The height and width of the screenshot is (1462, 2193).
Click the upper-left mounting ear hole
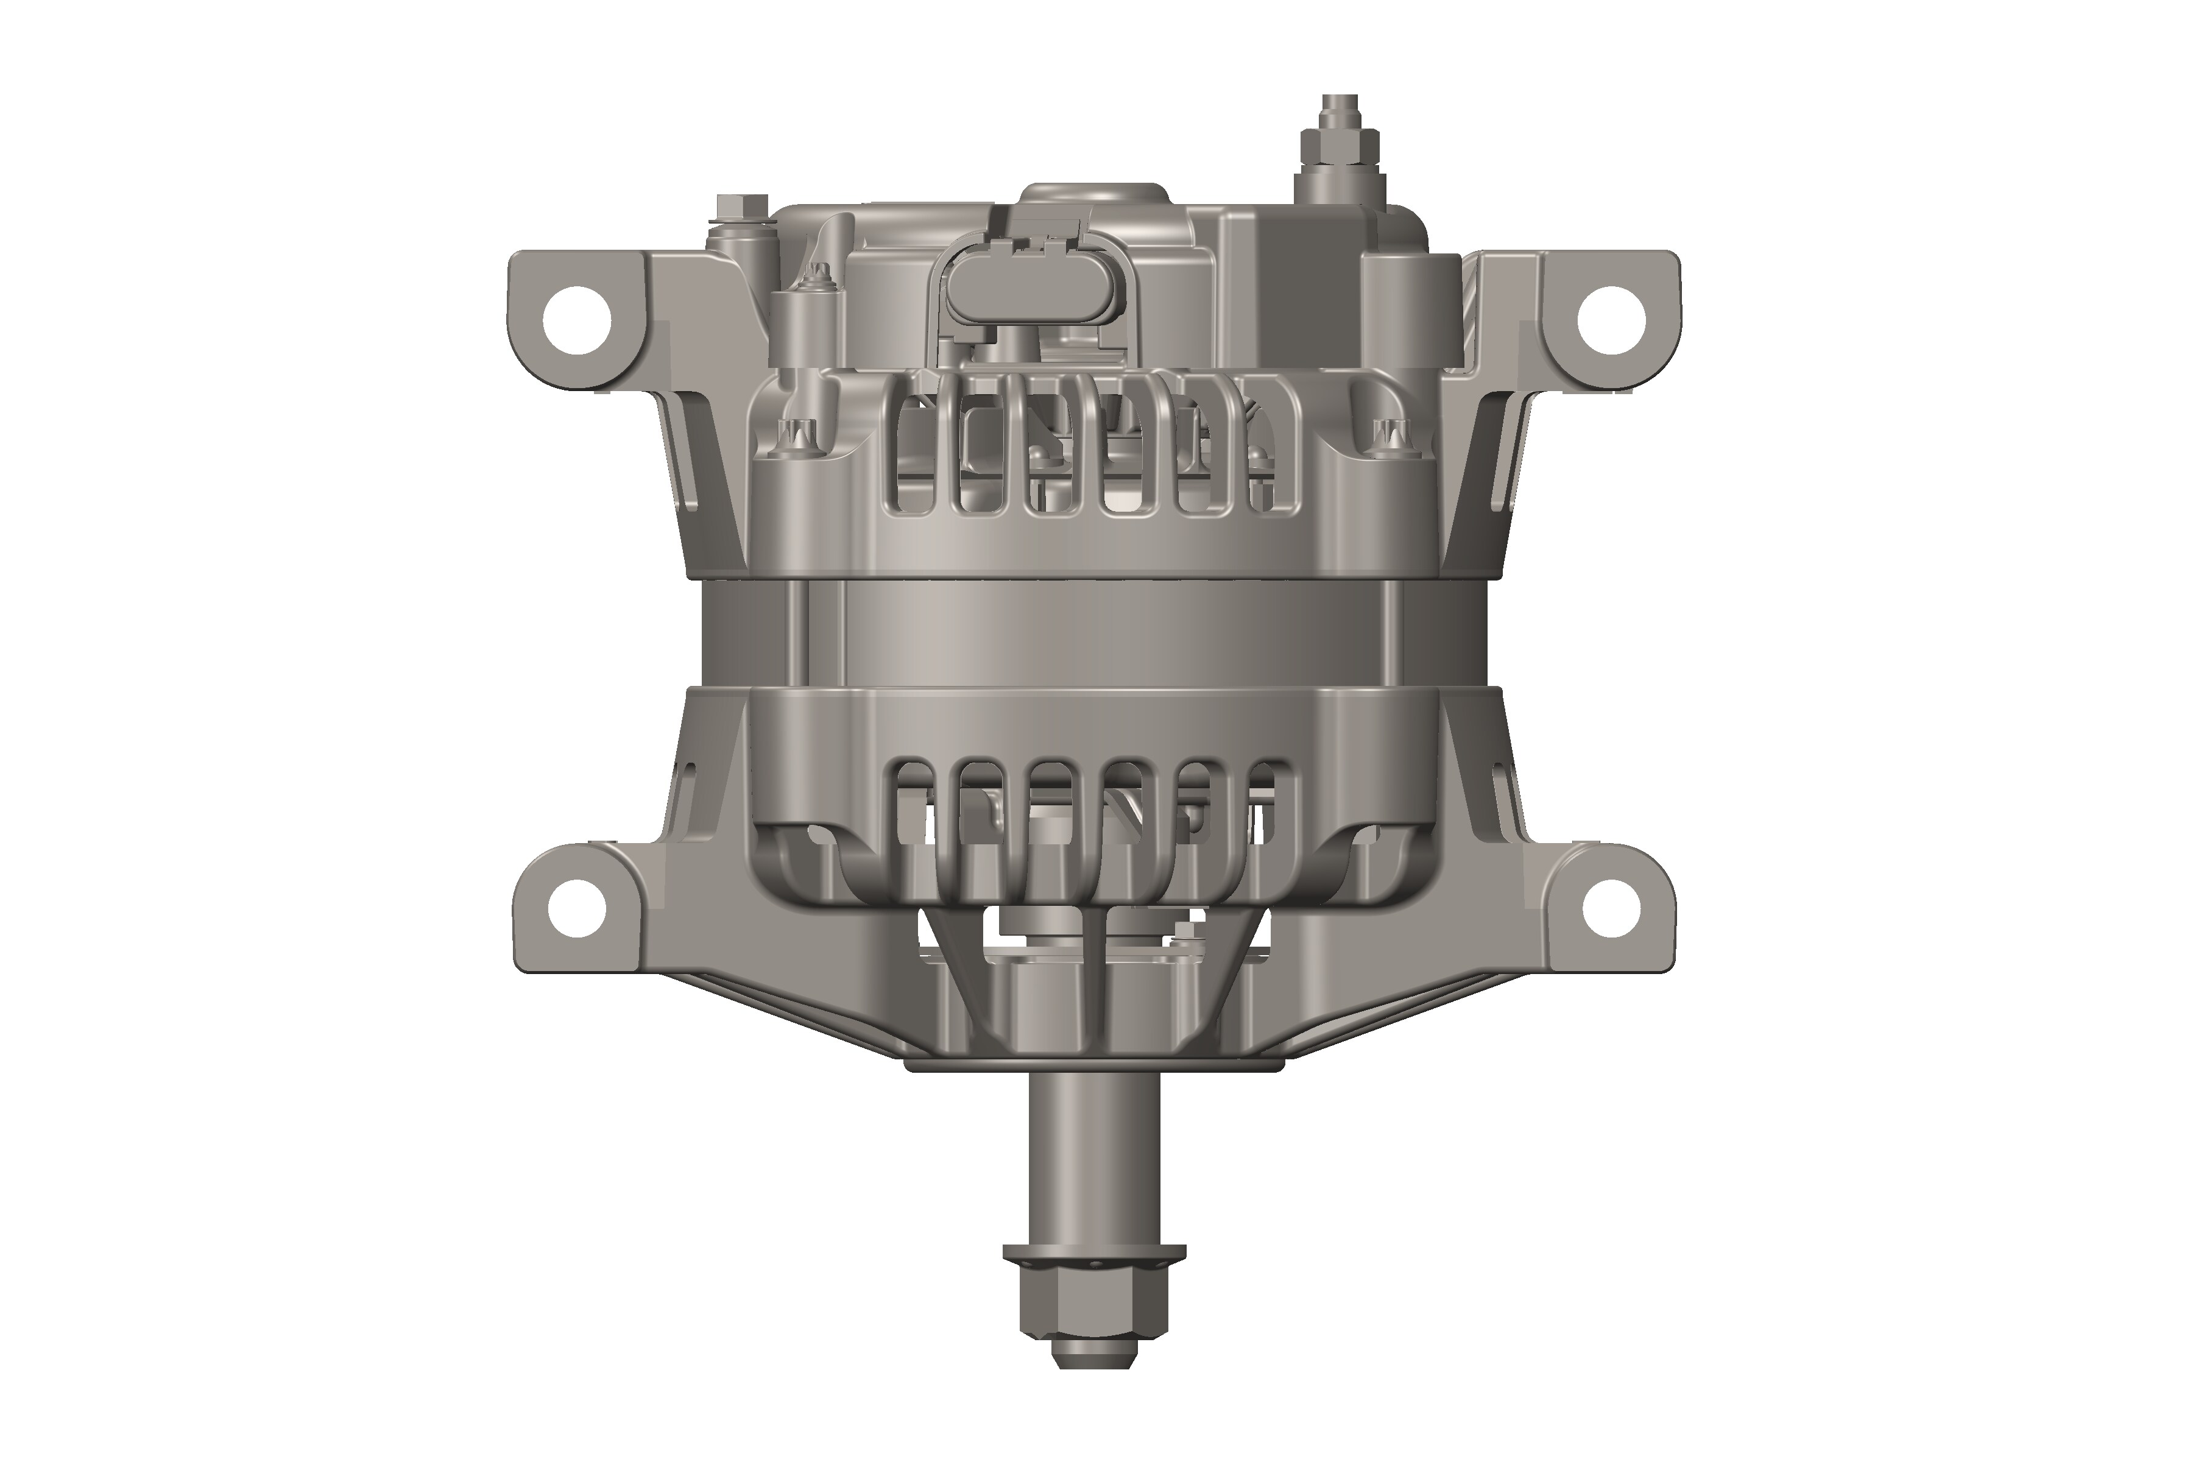577,320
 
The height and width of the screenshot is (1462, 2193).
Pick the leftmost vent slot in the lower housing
913,793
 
